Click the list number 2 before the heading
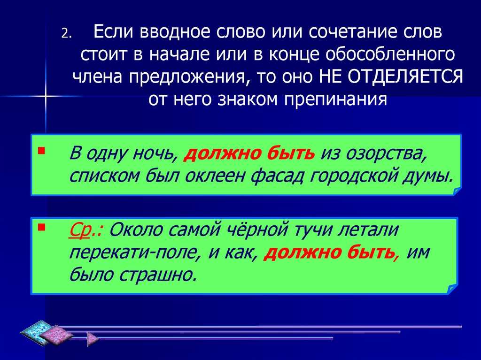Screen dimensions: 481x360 [66, 33]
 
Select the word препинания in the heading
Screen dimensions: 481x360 [335, 99]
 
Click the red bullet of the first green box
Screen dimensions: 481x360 [41, 150]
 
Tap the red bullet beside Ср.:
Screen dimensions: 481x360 [41, 227]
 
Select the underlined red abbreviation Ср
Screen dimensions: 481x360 [80, 231]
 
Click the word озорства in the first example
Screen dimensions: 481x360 [386, 153]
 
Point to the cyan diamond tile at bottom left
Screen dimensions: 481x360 [35, 331]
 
